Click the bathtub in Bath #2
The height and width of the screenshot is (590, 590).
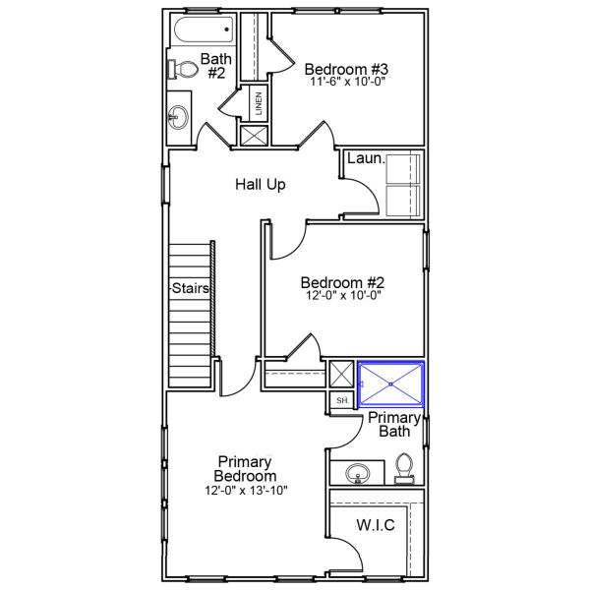205,29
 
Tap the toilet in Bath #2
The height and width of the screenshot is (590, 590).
183,70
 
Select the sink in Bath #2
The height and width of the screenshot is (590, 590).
178,117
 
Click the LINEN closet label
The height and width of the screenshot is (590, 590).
259,103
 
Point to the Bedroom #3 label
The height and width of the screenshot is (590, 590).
346,69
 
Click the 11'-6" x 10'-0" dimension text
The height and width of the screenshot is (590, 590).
348,82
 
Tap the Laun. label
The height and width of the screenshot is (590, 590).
366,158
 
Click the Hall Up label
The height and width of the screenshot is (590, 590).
261,185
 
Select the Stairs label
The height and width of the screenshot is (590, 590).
191,288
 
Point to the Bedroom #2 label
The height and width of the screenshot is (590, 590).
342,282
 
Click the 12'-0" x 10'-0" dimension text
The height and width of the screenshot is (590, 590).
343,295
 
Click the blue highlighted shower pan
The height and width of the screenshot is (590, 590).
391,384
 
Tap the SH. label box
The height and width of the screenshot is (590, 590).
342,400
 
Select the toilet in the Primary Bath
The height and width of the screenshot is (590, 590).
404,469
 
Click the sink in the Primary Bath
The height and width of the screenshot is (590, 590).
358,473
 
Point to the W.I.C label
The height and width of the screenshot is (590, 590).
376,525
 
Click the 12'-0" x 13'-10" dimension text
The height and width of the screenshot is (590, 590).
246,491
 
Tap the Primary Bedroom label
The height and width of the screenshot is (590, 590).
245,469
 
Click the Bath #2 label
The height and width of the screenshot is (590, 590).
216,66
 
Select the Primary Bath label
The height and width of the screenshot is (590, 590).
394,425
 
